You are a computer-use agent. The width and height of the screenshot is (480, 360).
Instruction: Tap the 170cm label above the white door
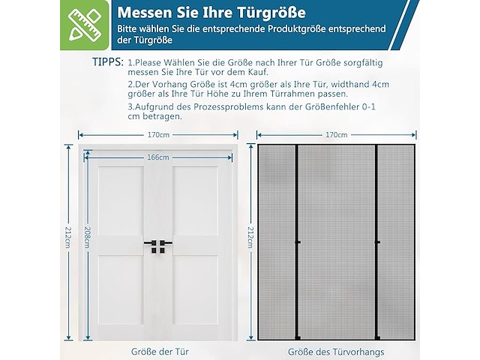pos(158,136)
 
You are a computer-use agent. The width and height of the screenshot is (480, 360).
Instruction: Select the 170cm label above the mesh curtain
pos(337,136)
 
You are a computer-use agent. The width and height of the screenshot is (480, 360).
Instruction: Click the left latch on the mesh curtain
pos(298,242)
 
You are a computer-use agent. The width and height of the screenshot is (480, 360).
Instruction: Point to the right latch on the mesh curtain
pos(377,242)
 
